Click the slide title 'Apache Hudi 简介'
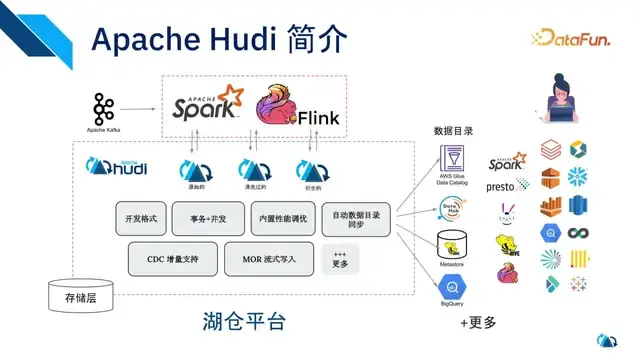coord(219,39)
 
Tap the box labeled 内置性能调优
coord(282,218)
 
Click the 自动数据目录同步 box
coord(355,218)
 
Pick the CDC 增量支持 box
coord(169,258)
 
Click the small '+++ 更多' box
coord(340,258)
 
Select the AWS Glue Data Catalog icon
coord(452,163)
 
